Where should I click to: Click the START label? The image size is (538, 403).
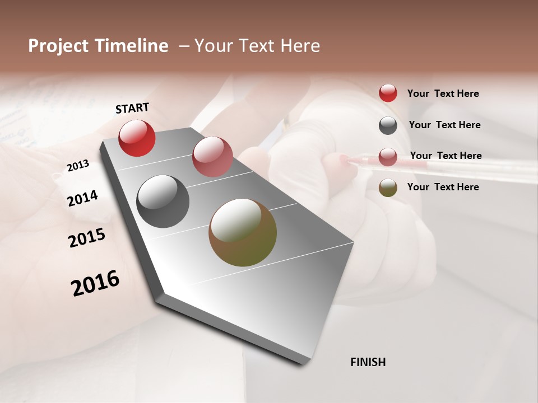(x=132, y=108)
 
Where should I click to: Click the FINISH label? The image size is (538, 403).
(x=368, y=362)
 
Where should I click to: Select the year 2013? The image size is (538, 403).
(x=78, y=165)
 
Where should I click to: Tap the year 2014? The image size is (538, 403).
(x=82, y=198)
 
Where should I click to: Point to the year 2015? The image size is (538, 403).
(x=87, y=238)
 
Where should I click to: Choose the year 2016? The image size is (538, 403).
(x=95, y=283)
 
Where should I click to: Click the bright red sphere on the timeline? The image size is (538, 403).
(x=137, y=138)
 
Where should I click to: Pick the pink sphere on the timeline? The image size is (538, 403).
(x=212, y=157)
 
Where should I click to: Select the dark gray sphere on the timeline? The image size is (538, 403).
(x=163, y=201)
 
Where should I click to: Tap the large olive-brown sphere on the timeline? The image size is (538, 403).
(x=243, y=232)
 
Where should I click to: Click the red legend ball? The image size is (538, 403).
(x=388, y=93)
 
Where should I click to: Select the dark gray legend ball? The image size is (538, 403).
(x=388, y=125)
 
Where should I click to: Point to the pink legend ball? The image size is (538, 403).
(x=388, y=157)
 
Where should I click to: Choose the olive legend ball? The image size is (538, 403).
(x=388, y=188)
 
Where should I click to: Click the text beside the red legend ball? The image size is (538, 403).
(x=443, y=93)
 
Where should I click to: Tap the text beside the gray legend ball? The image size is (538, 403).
(x=444, y=125)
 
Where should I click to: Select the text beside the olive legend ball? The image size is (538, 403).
(x=443, y=187)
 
